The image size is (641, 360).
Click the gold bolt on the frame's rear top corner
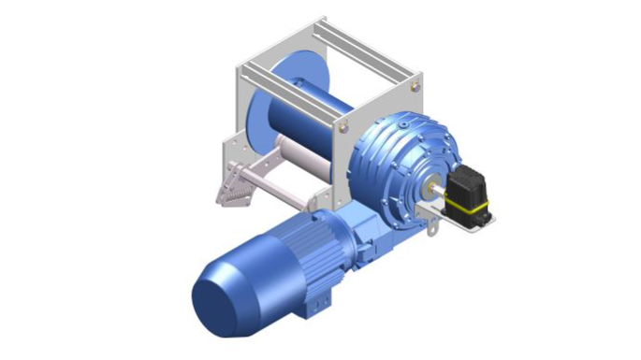coord(415,86)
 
